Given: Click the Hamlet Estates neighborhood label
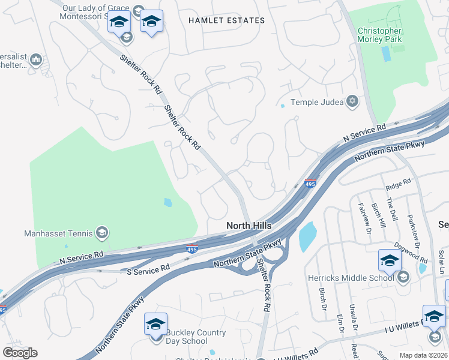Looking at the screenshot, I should tap(226, 20).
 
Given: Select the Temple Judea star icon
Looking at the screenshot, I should tap(353, 102).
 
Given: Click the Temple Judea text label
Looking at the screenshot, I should tap(318, 103).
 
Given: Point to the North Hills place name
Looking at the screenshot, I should tap(249, 226).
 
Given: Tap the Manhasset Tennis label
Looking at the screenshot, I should tap(58, 233).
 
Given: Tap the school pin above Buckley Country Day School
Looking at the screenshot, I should tap(155, 325).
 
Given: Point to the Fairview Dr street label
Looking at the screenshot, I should tap(364, 210).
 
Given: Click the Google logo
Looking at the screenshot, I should tap(20, 353).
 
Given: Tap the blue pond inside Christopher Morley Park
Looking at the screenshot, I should tap(385, 54).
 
